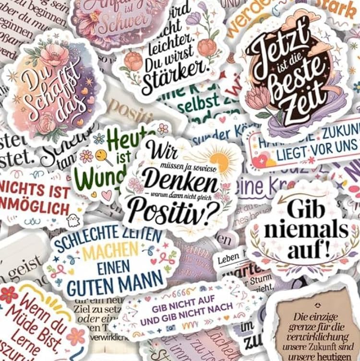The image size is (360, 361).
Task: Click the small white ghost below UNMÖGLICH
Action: [73, 220]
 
